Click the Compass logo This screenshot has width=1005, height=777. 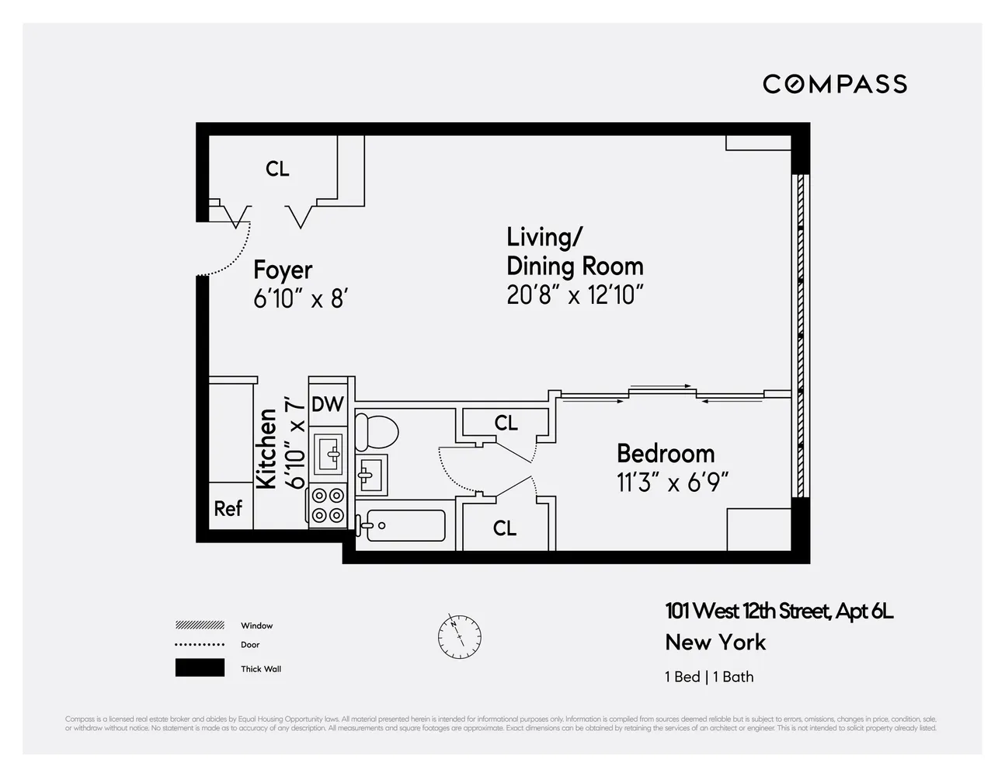coord(834,84)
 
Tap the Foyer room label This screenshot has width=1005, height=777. coord(283,270)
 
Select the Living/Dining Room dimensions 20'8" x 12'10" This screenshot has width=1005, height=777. coord(575,295)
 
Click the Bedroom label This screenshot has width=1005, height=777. coord(665,453)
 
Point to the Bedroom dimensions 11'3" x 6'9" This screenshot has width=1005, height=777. coord(673,483)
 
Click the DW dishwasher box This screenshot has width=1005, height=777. coord(327,404)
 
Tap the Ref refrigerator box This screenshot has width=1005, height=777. coord(228,508)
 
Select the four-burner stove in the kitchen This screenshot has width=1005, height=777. coord(327,505)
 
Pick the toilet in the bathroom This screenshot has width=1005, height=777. coord(375,432)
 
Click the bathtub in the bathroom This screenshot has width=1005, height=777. coord(405,525)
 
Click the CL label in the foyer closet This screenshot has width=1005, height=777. coord(277,169)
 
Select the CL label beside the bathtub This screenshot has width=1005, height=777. coord(505,528)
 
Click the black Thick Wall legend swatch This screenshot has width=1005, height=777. coord(200,668)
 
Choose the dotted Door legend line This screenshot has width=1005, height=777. coord(200,645)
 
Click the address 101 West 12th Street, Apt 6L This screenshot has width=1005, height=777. coord(779,611)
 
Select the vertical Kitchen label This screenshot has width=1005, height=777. coord(266,448)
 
